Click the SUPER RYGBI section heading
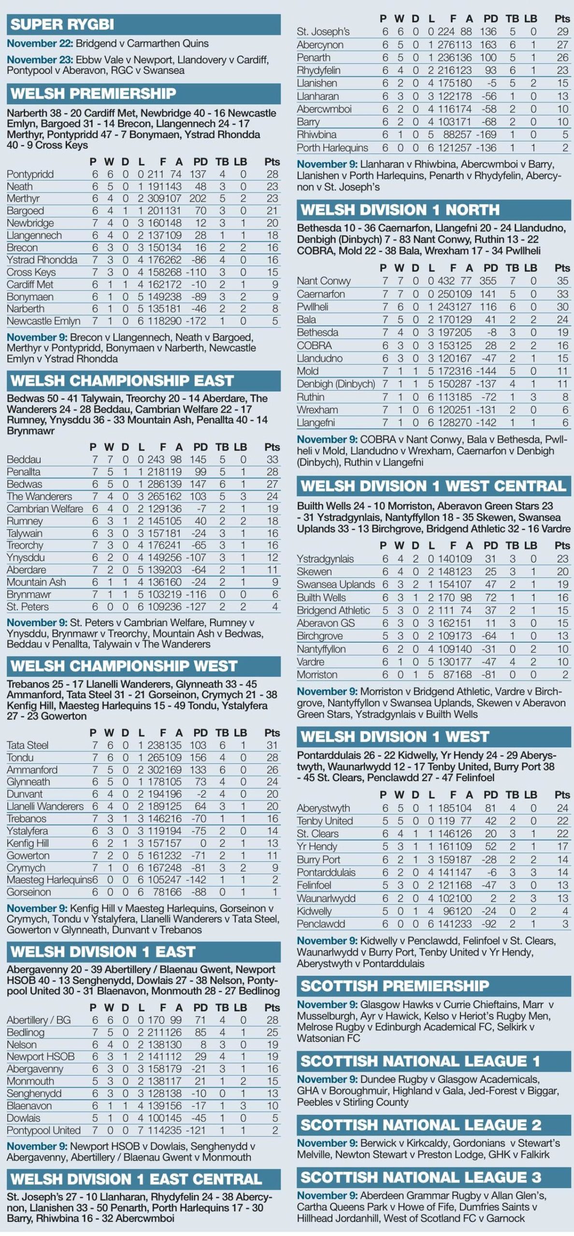[62, 24]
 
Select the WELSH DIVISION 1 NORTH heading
[400, 210]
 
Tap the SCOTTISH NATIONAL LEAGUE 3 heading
[420, 1177]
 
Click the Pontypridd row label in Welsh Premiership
[30, 174]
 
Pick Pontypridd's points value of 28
[272, 174]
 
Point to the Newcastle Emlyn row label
[43, 321]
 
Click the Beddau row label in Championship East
[24, 460]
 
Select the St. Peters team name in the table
[28, 607]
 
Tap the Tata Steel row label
[28, 745]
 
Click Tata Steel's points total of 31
[272, 745]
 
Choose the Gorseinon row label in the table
[29, 892]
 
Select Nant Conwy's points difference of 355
[488, 281]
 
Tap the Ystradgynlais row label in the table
[325, 559]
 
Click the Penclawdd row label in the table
[321, 924]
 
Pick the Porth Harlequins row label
[332, 148]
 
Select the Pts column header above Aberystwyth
[562, 795]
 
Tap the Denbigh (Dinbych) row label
[336, 384]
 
